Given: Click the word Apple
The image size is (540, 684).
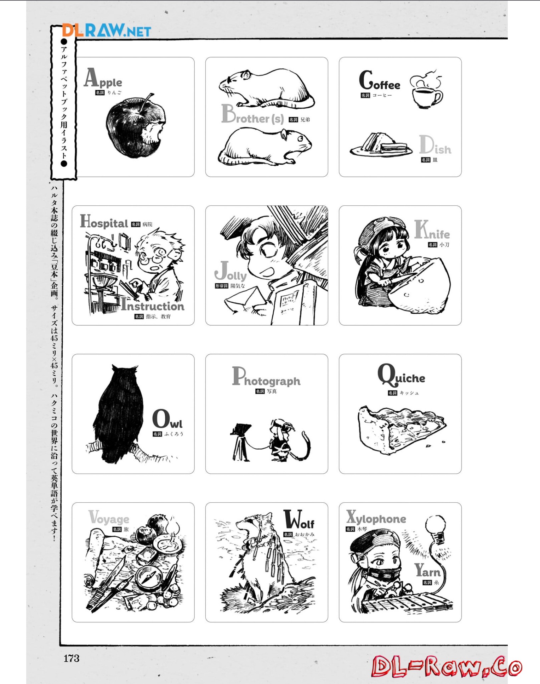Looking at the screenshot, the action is point(103,78).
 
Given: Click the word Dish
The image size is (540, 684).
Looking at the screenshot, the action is point(435,145).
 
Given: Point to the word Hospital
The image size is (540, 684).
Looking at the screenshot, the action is point(104,222).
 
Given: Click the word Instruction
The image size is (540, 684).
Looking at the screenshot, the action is point(153,305).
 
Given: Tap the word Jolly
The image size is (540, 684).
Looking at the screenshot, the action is point(231,272).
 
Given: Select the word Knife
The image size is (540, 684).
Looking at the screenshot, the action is point(432,230).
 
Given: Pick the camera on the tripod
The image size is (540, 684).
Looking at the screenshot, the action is point(240,441).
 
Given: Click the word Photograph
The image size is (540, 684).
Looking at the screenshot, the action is point(266,377).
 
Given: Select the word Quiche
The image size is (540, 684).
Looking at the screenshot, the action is point(401,375).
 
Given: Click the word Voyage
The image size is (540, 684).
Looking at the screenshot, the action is point(109,518).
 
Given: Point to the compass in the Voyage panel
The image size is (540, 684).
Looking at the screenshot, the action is point(149,577).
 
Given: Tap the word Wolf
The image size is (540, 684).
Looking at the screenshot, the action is point(299,520).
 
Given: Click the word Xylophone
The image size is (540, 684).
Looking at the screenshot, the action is point(376,518).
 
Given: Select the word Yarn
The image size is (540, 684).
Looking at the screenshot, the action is point(427,570).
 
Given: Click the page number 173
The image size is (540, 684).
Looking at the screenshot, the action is point(72,659).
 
